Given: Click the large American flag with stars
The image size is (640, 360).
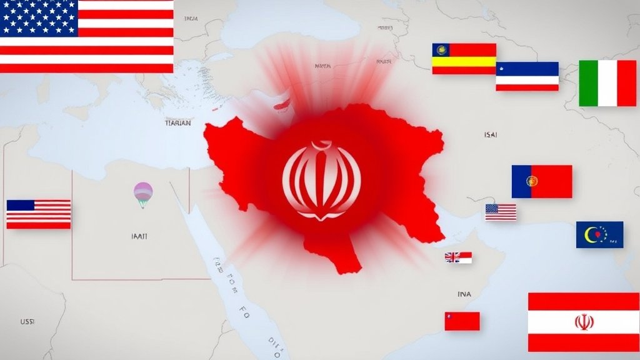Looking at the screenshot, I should coord(87,36).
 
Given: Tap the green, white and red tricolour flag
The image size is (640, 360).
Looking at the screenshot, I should coord(607,83).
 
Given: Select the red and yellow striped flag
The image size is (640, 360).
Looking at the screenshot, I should coord(464,59).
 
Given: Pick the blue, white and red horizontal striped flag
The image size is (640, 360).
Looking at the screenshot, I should coord(527,76).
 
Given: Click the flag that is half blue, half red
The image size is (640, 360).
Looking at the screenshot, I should coord(541,181).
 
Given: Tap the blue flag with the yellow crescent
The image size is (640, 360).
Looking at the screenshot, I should coord(599,234).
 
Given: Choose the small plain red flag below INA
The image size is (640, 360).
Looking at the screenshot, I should coord(462,321).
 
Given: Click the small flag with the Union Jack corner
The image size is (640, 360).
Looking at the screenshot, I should coord(458,257).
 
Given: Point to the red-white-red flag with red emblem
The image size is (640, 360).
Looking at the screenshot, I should coord(583,322).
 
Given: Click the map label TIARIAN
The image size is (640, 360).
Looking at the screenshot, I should coord(177,124).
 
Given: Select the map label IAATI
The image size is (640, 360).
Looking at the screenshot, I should coord(140,237).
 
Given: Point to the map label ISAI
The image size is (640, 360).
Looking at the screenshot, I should coord(491,134).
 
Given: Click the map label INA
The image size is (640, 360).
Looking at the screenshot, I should coord(464,294).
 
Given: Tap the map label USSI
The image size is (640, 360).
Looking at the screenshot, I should coord(27,321).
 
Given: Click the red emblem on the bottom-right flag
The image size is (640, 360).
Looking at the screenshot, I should coord(583,322).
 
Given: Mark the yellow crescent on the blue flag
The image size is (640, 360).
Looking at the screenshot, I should coord(591,234).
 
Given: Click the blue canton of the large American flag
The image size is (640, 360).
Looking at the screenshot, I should coord(39,18).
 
